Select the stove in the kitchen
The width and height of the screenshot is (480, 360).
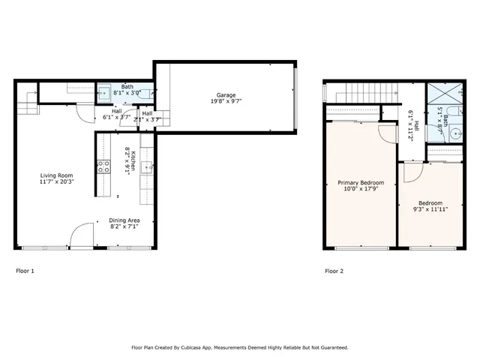(x=103, y=166)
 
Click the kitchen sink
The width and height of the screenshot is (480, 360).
(x=146, y=166)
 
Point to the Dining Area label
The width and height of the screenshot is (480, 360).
(x=124, y=220)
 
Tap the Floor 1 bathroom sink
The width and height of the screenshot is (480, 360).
(x=105, y=94)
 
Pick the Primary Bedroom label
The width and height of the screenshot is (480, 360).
(x=361, y=183)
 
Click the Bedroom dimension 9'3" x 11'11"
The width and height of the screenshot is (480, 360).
(x=430, y=210)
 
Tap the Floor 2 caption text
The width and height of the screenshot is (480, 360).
(x=334, y=271)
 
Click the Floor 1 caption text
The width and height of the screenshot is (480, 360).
(x=25, y=271)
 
